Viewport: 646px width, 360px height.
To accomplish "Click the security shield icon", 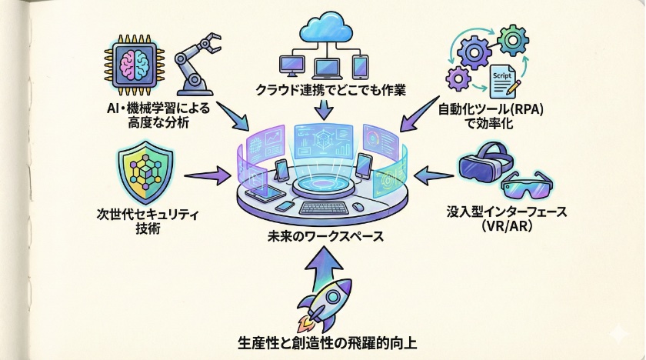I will click(x=147, y=174).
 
